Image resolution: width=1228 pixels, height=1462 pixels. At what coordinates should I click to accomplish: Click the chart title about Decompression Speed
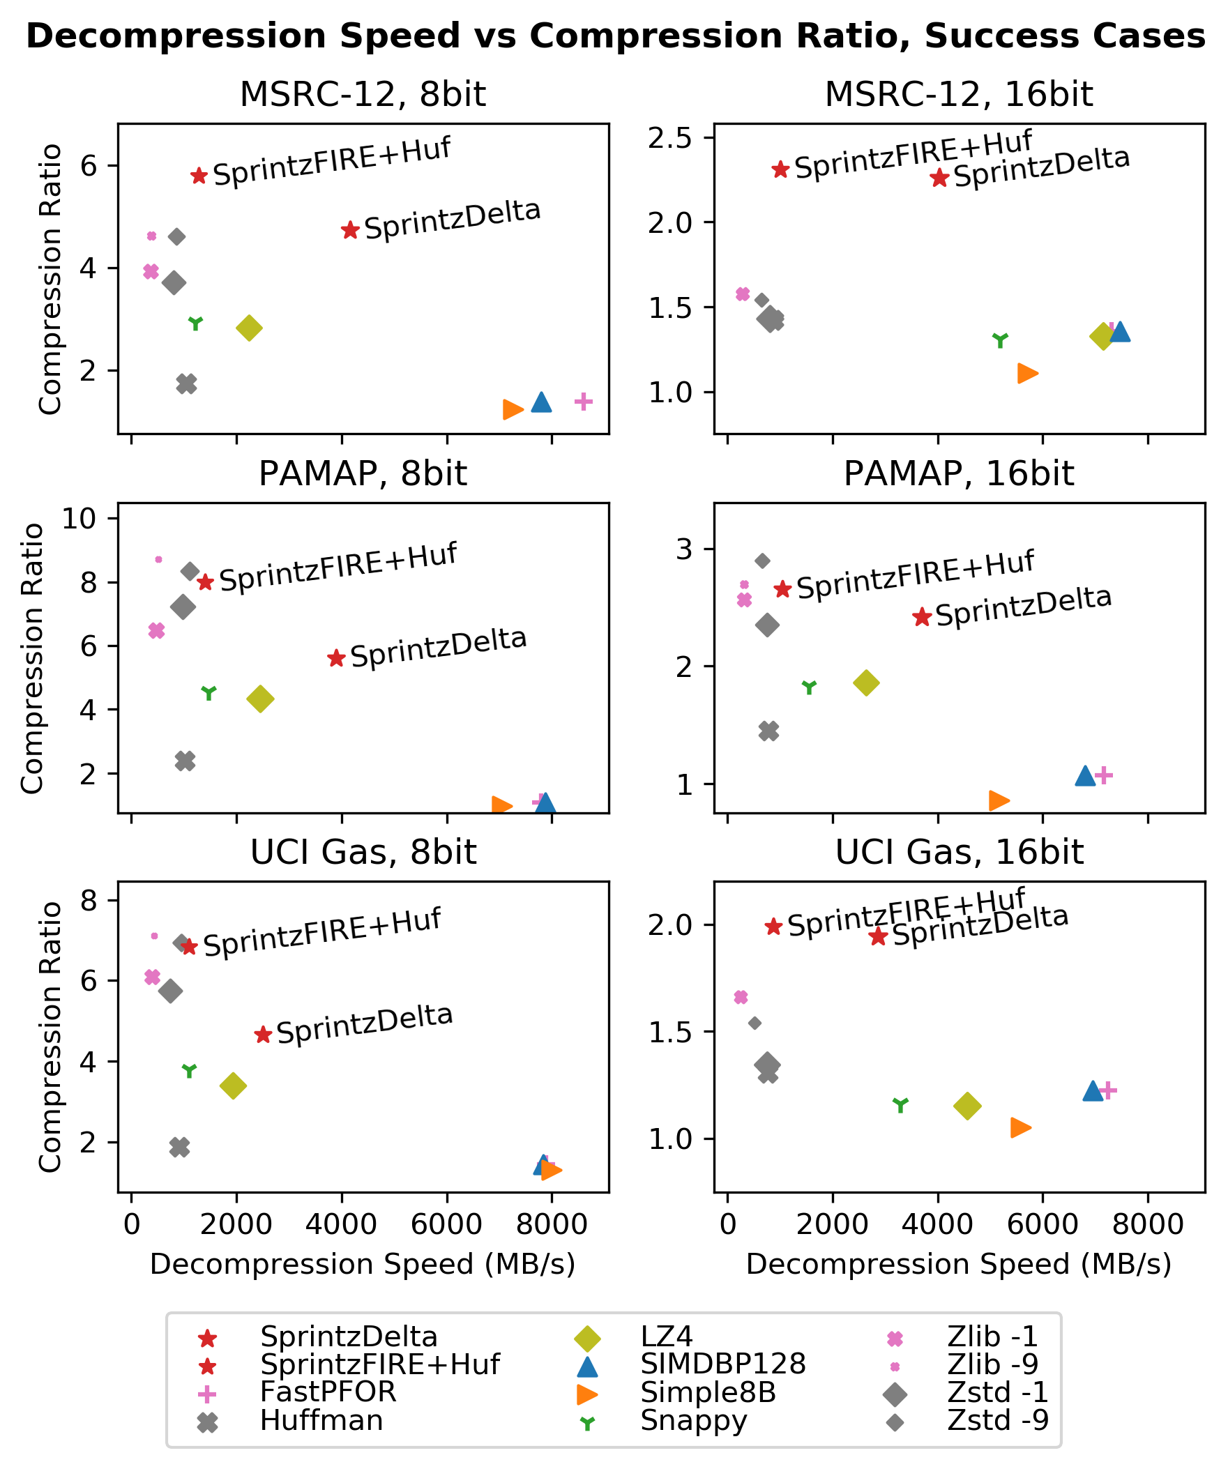tap(615, 36)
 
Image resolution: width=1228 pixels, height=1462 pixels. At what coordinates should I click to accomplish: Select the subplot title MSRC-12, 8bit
tap(363, 94)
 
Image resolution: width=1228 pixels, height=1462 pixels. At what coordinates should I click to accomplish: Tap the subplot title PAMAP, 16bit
tap(959, 474)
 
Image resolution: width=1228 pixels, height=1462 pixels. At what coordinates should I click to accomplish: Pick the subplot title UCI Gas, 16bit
tap(959, 853)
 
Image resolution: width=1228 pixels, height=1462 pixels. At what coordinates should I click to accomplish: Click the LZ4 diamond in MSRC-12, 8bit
tap(249, 328)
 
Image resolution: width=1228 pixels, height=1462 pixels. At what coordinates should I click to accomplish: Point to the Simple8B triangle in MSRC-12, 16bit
tap(1026, 373)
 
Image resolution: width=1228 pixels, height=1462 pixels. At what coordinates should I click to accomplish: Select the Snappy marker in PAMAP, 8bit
tap(209, 692)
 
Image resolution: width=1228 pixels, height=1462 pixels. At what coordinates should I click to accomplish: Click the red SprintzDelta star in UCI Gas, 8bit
tap(263, 1035)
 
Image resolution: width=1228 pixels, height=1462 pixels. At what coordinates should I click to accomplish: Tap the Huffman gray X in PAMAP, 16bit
tap(768, 731)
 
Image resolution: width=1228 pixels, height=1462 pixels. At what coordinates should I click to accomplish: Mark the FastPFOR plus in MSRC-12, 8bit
tap(584, 402)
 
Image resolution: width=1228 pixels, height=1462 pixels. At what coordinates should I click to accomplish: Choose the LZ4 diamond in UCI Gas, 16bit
tap(967, 1106)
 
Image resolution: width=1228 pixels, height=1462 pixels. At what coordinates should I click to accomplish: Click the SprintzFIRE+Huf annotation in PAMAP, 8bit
tap(338, 567)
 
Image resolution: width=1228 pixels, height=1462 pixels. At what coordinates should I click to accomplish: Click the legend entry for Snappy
tap(693, 1420)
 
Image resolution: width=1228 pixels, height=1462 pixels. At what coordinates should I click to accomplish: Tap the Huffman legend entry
tap(321, 1420)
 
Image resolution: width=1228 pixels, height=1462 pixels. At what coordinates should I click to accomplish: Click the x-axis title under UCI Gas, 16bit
tap(959, 1265)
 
